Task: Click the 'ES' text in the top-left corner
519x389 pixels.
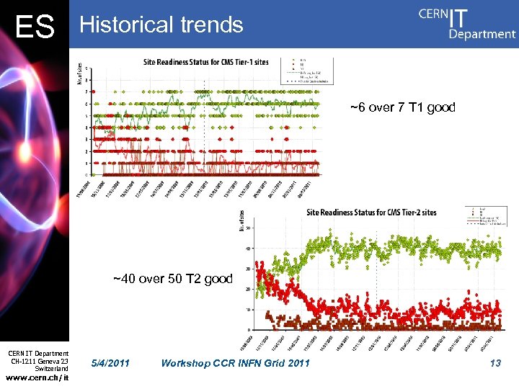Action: click(x=35, y=27)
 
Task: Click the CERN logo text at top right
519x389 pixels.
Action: click(x=433, y=16)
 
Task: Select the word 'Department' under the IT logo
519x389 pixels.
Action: click(x=482, y=34)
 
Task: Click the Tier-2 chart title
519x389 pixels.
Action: click(x=371, y=213)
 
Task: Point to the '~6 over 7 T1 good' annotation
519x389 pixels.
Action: click(x=402, y=108)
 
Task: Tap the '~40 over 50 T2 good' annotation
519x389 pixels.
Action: click(x=173, y=279)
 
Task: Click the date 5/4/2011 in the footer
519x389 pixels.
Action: click(x=112, y=363)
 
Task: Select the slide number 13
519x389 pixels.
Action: click(x=494, y=363)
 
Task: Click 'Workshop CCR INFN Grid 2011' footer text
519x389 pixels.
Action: click(x=236, y=363)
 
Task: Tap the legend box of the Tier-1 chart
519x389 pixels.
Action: click(x=306, y=71)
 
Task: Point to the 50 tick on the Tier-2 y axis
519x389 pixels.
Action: click(x=249, y=228)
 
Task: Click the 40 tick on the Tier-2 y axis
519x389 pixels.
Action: click(x=249, y=249)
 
